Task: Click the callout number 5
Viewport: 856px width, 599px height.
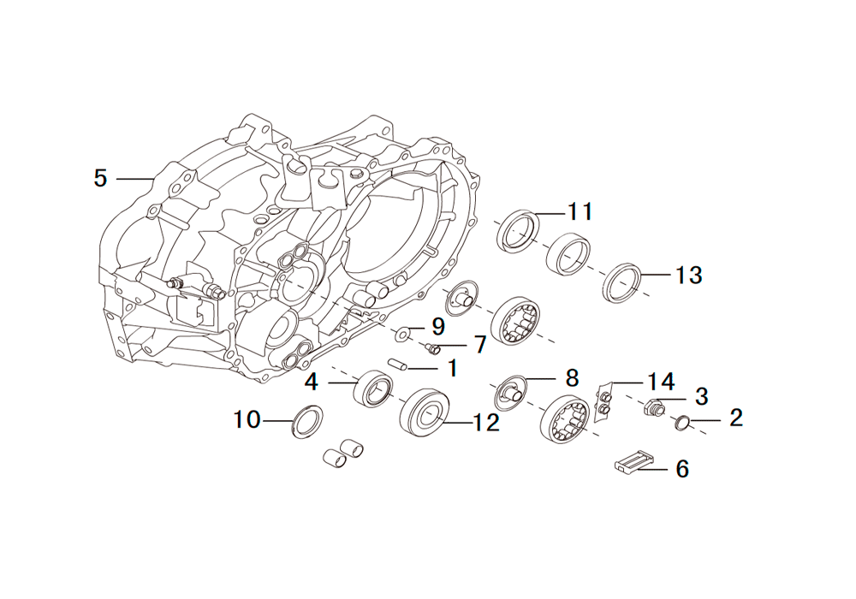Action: [x=100, y=178]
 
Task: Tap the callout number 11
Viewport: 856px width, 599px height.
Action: [x=580, y=211]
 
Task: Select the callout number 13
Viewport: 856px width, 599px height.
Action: [x=688, y=275]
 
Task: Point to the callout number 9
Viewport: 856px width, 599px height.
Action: [x=437, y=327]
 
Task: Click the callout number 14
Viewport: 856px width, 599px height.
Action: [x=661, y=382]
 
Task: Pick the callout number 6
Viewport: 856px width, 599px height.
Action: [x=682, y=469]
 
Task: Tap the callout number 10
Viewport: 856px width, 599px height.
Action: [x=247, y=420]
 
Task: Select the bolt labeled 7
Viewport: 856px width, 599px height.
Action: [x=432, y=347]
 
